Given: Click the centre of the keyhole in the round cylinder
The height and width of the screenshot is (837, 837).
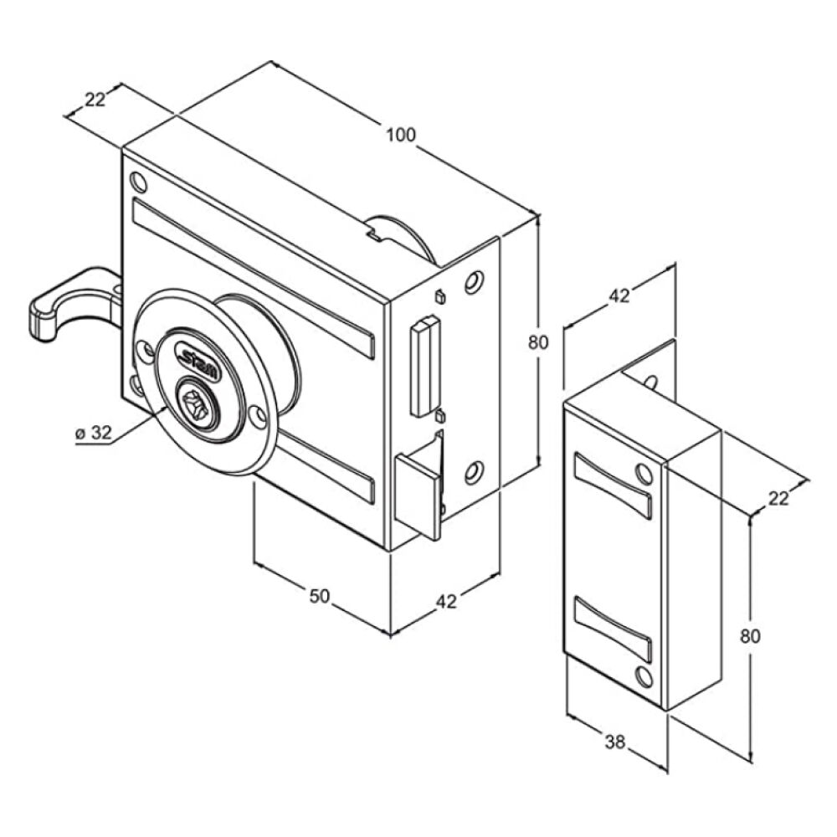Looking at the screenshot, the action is pyautogui.click(x=197, y=403).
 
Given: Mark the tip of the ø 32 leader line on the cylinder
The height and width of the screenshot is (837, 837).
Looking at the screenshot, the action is pyautogui.click(x=167, y=407).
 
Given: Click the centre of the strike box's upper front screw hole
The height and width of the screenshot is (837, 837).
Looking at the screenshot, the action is pyautogui.click(x=644, y=474).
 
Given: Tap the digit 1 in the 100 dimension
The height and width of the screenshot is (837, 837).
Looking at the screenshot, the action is pyautogui.click(x=391, y=135).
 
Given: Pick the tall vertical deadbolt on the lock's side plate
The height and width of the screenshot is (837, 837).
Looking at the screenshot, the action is pyautogui.click(x=424, y=367).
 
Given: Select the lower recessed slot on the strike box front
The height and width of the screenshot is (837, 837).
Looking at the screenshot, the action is pyautogui.click(x=613, y=629).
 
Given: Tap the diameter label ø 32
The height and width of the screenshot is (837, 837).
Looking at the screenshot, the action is pyautogui.click(x=94, y=433).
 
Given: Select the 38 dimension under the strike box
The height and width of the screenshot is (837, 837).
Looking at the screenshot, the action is pyautogui.click(x=614, y=742).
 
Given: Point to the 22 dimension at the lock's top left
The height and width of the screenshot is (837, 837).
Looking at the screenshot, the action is pyautogui.click(x=95, y=100).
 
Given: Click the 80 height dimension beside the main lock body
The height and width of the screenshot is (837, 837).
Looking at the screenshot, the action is pyautogui.click(x=538, y=342).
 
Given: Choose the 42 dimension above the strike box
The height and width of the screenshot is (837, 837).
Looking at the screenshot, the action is pyautogui.click(x=619, y=295).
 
